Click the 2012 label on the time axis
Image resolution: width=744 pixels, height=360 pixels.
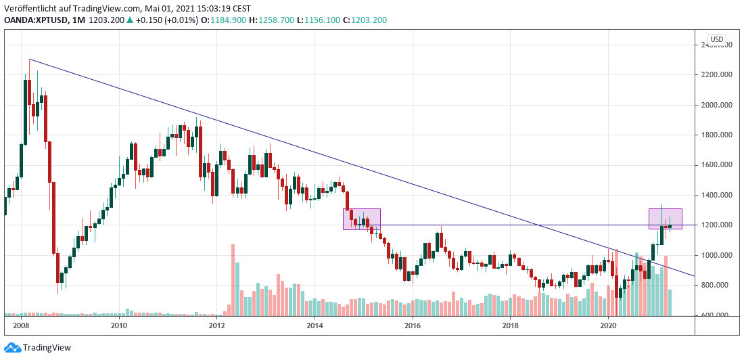(216, 325)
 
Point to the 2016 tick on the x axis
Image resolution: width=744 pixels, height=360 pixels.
(412, 325)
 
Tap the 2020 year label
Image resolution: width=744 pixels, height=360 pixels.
(608, 325)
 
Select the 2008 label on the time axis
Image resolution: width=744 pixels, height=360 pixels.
(21, 325)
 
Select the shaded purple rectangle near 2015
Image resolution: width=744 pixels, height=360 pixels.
(362, 219)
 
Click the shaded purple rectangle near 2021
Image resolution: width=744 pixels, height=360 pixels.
(666, 218)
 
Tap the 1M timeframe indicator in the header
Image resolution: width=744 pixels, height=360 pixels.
(78, 20)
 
